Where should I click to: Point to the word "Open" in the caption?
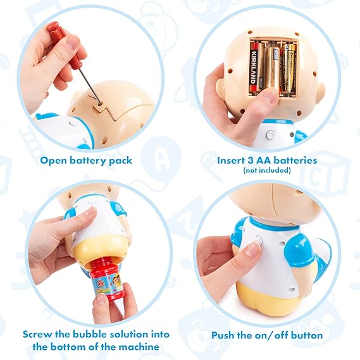53,161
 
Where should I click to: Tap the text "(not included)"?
267,170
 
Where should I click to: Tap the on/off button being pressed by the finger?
259,240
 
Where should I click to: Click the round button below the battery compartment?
270,135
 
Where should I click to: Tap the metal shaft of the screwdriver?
90,86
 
